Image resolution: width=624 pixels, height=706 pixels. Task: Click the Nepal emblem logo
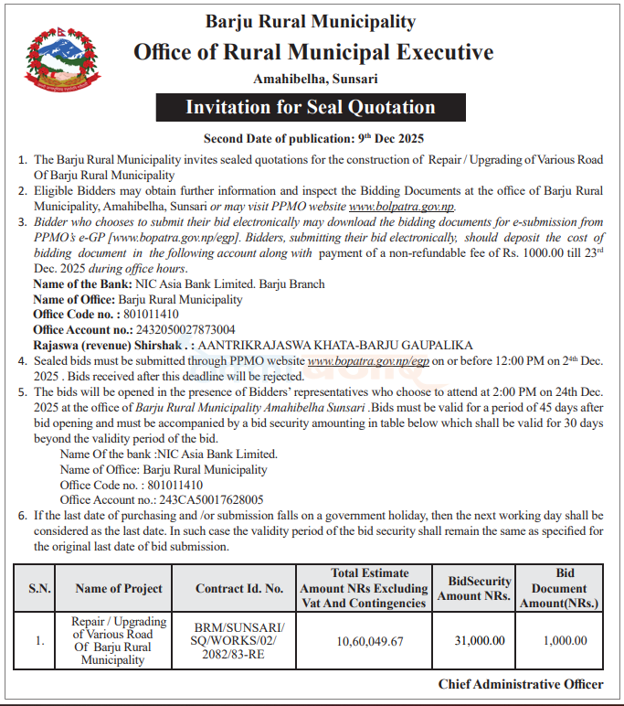63,59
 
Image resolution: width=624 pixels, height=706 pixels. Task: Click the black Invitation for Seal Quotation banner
311,107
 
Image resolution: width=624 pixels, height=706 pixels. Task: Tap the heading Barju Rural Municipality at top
311,21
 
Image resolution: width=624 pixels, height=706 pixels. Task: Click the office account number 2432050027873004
178,329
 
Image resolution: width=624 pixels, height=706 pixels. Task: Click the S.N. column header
39,589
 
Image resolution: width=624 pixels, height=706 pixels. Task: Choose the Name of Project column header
119,589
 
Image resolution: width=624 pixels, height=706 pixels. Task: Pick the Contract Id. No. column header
239,589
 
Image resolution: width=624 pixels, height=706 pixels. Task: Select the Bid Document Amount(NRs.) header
565,588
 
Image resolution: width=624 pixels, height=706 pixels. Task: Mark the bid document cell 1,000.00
565,641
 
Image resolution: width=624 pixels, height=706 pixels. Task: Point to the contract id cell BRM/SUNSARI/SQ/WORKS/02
239,641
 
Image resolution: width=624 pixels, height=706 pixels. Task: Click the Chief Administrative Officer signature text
520,684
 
